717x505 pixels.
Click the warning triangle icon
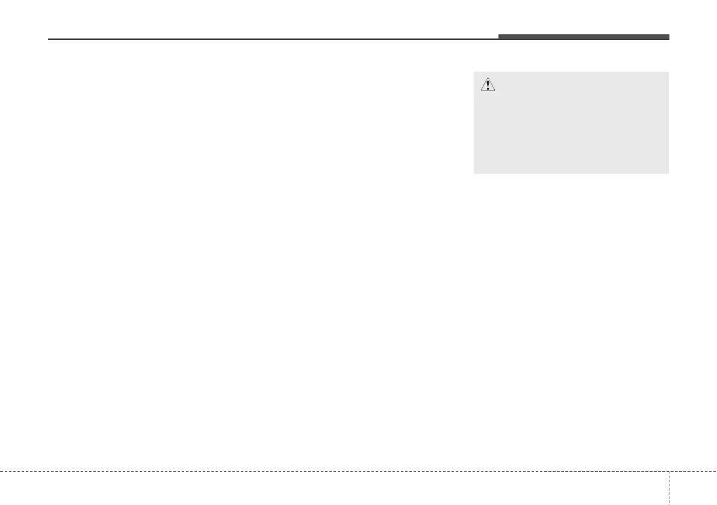click(488, 85)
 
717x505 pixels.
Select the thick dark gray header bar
click(583, 37)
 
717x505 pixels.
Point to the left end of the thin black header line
click(49, 40)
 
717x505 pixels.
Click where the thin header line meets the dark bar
click(498, 39)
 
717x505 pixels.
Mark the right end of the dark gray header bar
click(669, 37)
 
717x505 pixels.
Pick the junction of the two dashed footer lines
click(669, 471)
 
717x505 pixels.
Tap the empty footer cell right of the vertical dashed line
click(692, 488)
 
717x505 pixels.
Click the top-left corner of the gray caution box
click(474, 72)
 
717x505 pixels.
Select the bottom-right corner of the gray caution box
click(668, 174)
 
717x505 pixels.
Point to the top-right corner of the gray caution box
click(668, 72)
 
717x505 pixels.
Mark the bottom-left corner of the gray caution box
click(474, 174)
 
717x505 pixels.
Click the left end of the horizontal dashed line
click(1, 471)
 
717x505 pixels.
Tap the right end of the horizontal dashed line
click(716, 471)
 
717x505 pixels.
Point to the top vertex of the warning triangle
click(488, 79)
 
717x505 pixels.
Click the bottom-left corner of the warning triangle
click(480, 91)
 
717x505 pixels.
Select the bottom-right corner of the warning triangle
click(495, 91)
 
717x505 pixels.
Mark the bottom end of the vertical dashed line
click(669, 504)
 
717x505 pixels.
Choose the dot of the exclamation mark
click(488, 88)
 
